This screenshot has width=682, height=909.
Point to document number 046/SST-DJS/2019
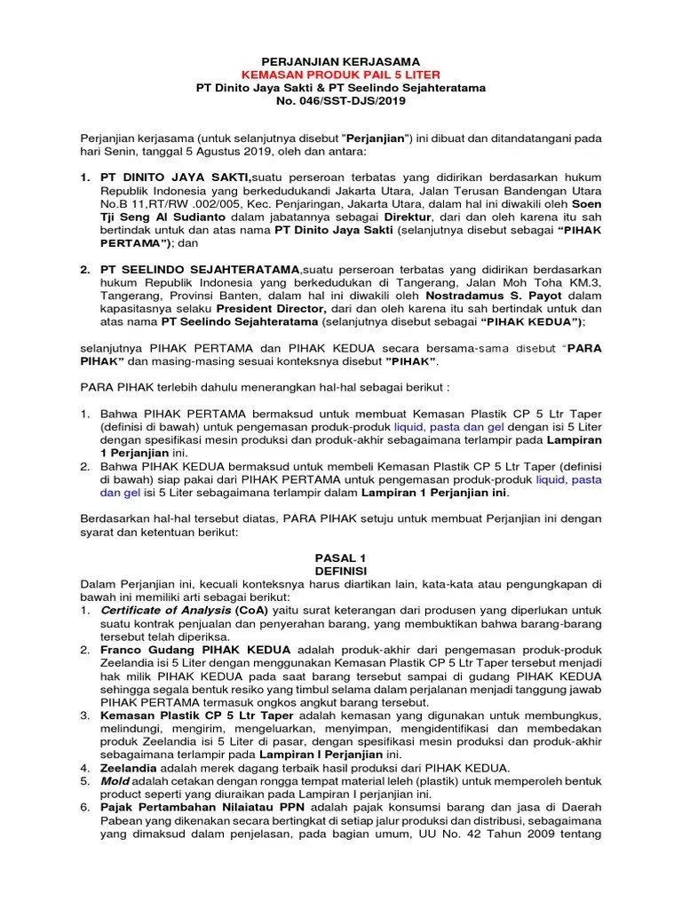[353, 101]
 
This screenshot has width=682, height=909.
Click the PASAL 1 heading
[341, 557]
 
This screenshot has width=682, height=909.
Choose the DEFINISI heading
[341, 571]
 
